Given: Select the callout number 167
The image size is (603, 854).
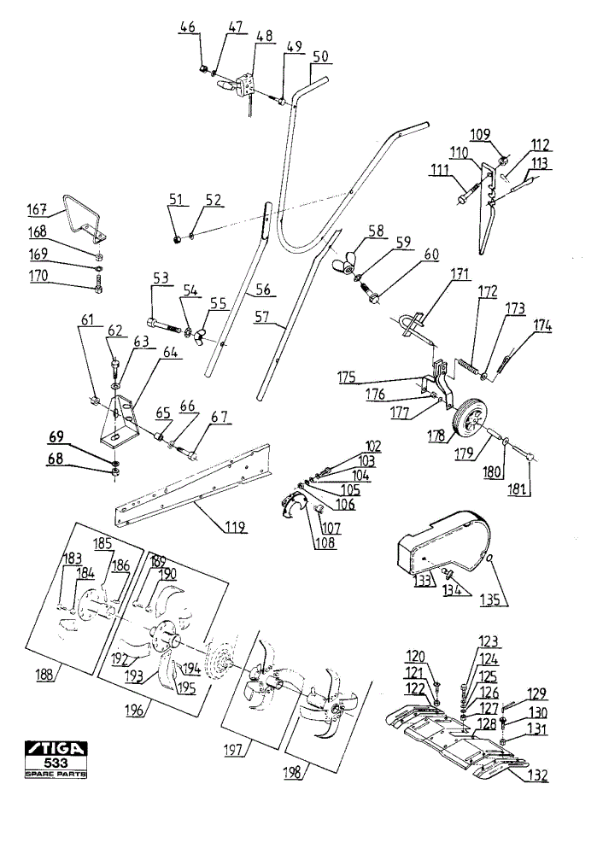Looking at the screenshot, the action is click(x=37, y=208).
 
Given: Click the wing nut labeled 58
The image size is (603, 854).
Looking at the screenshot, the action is click(x=345, y=264).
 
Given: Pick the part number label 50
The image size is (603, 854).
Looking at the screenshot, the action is click(x=321, y=56).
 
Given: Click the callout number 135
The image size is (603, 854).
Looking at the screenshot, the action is click(x=490, y=600).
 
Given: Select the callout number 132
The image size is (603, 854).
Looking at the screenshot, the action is click(x=537, y=775).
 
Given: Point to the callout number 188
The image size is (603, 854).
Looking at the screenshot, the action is click(x=44, y=674).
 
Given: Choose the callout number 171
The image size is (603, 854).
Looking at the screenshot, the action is click(x=460, y=272).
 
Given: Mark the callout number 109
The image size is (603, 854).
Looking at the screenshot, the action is click(x=480, y=135).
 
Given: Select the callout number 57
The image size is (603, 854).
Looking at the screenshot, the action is click(x=262, y=317).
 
